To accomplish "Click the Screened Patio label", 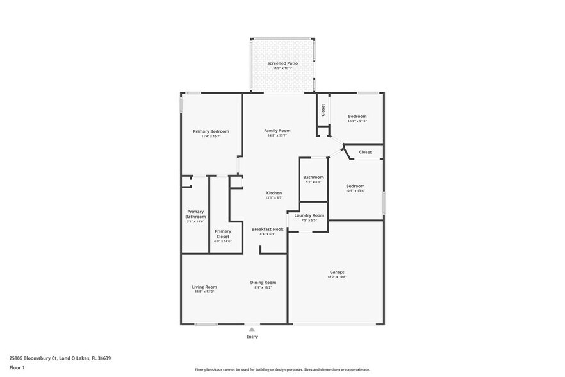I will point(282,63).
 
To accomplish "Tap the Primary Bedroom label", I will point(211,131).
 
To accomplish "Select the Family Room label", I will point(277,131).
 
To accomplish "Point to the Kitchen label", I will point(274,193).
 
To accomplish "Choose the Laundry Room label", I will point(309,215).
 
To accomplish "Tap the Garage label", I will point(337,272).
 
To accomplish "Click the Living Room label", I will point(204,287).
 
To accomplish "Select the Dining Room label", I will point(263,283).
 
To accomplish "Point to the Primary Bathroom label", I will point(195,214).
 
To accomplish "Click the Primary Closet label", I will point(223,233).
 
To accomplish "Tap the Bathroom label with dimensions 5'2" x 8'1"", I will point(313,177).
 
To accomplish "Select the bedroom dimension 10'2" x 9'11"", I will point(357,121).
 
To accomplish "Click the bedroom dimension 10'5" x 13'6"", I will point(356,190).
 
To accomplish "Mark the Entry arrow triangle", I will point(252,330).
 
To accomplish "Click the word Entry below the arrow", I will point(252,337).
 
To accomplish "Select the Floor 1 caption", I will point(17,367).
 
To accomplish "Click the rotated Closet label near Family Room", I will point(323,109).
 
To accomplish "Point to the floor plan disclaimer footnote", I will point(282,370).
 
